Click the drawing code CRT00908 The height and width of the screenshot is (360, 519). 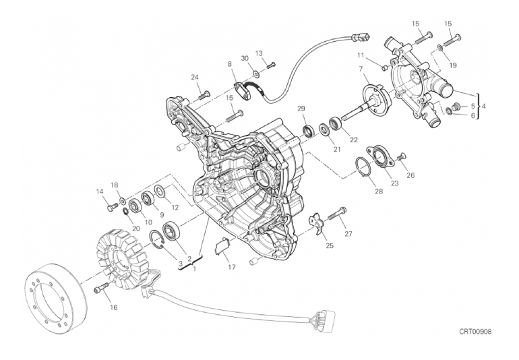pos(475,332)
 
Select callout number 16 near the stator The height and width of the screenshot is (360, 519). pos(113,307)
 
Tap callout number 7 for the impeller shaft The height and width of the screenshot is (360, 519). pos(361,68)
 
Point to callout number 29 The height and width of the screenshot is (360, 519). pos(301,109)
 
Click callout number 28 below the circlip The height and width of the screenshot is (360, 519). pos(379,191)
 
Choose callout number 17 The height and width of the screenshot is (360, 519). pos(232,266)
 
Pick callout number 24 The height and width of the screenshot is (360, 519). pos(195,77)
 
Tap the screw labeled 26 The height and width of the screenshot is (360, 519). pos(400,156)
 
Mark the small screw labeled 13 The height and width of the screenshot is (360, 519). pos(271,65)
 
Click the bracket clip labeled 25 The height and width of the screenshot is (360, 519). pos(317,224)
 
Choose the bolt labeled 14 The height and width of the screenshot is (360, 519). pos(111,207)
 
